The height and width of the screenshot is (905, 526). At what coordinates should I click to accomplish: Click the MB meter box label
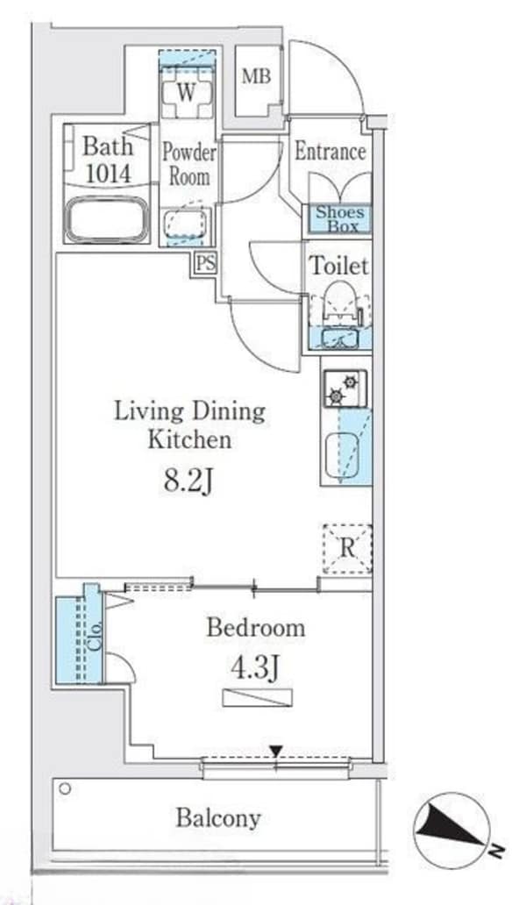click(256, 75)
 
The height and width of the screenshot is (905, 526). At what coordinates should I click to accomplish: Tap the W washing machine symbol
click(186, 93)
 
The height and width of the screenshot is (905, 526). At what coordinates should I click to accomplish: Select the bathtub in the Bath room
click(106, 219)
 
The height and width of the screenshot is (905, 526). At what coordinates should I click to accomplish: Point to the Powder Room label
click(189, 165)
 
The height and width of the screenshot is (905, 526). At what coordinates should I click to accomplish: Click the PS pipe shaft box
click(206, 264)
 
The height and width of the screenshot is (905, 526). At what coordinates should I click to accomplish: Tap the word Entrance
click(331, 152)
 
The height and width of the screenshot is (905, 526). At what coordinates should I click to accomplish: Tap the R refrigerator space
click(346, 548)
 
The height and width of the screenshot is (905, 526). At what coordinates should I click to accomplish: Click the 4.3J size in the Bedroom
click(255, 668)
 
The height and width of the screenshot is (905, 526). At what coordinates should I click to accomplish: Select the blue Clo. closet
click(80, 640)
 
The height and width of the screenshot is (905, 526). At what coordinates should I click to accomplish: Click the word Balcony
click(218, 818)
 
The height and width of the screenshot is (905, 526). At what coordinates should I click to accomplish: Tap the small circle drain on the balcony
click(65, 788)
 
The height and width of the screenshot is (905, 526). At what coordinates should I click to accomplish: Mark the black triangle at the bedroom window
click(277, 751)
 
